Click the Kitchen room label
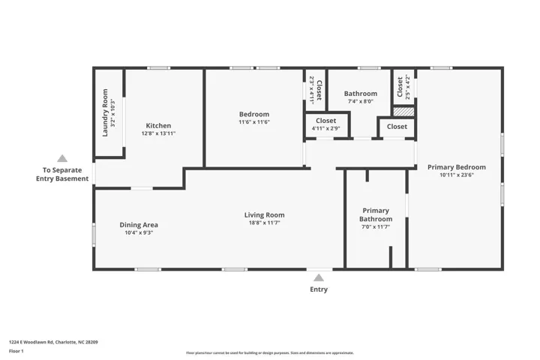[x=158, y=126]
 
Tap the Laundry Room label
[x=106, y=112]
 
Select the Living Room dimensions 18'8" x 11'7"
[x=265, y=223]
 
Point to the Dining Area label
[x=139, y=225]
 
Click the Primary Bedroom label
[x=457, y=167]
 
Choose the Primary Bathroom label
[x=376, y=214]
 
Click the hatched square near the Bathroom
[x=403, y=112]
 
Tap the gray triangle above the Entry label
[x=319, y=277]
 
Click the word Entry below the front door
[x=319, y=289]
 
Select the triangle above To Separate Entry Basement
[x=62, y=158]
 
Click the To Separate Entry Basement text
[x=62, y=174]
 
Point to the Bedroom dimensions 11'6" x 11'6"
[x=254, y=122]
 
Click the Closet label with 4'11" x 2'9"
[x=325, y=121]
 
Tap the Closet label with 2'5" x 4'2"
[x=400, y=87]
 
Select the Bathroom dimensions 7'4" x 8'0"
[x=361, y=101]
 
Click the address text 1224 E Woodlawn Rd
[x=31, y=342]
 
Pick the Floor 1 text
[x=16, y=351]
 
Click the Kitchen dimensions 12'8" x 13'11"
[x=158, y=133]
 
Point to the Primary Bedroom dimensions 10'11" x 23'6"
[x=457, y=175]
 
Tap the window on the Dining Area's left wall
[x=94, y=235]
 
